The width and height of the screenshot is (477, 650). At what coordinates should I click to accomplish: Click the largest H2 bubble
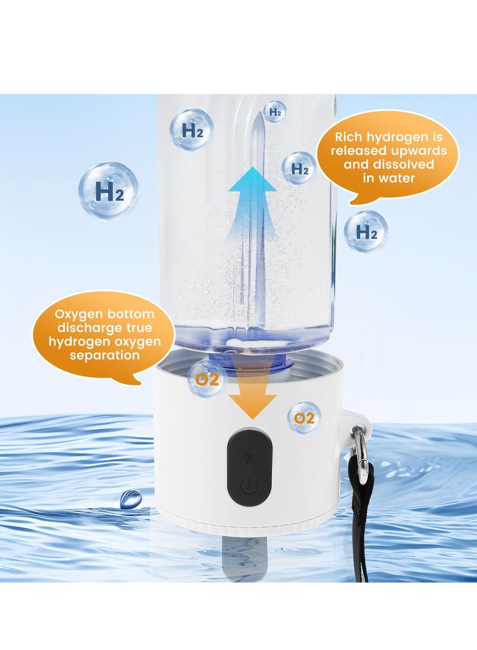click(109, 191)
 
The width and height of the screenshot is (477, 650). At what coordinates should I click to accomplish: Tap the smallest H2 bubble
click(275, 111)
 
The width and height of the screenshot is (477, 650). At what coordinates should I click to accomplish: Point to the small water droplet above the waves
click(130, 499)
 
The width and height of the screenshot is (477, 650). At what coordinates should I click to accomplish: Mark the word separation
click(105, 355)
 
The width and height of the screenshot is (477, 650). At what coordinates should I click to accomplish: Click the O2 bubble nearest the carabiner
click(304, 418)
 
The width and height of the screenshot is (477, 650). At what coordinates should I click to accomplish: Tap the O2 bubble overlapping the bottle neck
click(206, 380)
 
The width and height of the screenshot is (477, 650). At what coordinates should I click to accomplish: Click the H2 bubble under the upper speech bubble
click(366, 231)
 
